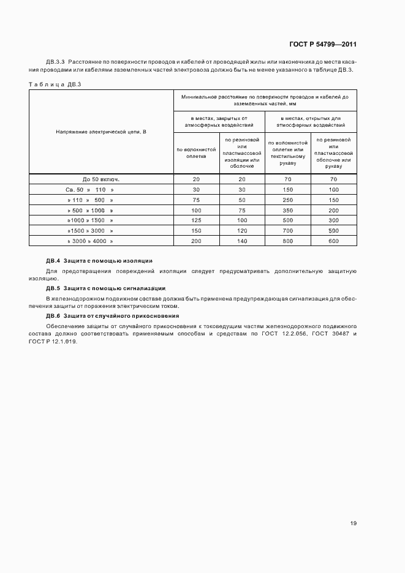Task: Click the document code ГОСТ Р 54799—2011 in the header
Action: [322, 45]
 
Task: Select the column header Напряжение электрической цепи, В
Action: [101, 132]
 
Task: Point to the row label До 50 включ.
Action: [101, 179]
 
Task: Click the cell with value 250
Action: [288, 200]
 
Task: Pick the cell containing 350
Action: [288, 210]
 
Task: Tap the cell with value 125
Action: [196, 220]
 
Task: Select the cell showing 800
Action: [288, 241]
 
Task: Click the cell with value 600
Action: [333, 241]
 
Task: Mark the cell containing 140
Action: [241, 241]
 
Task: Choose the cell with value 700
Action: [288, 230]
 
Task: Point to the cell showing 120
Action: [241, 230]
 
